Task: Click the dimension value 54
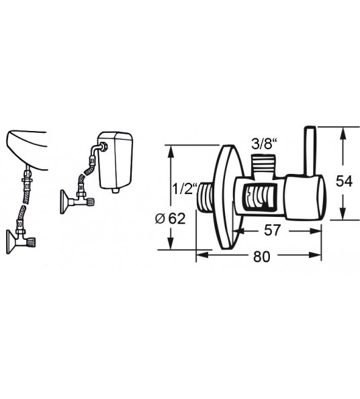344,181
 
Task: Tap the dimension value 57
272,230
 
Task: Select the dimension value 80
261,257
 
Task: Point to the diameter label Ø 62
170,218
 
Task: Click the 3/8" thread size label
263,144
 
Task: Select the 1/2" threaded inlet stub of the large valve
206,197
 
